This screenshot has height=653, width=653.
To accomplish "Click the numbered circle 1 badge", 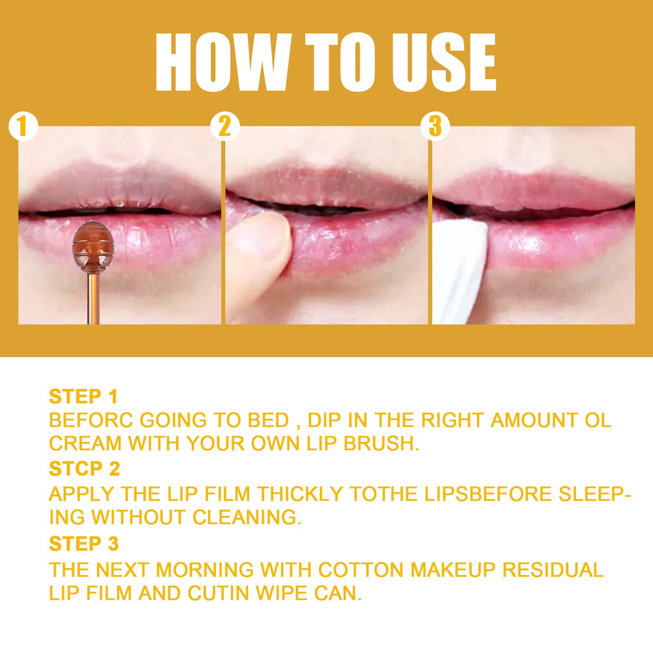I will pos(23,127).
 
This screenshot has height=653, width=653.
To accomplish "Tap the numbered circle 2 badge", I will pos(224,127).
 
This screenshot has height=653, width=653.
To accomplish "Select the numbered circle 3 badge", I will pos(435,127).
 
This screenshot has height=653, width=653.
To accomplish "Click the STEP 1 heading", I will pos(84,397).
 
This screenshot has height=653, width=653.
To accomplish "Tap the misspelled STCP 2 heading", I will pos(84,469).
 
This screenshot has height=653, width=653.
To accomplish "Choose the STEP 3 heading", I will pos(84,544).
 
